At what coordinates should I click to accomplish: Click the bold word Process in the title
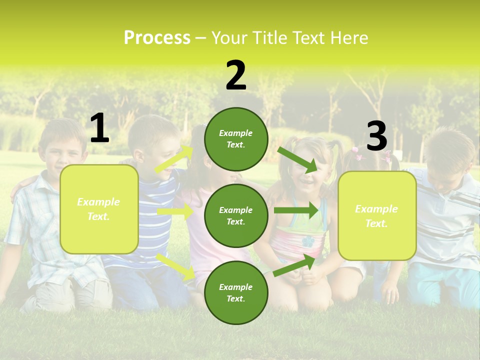point(157,38)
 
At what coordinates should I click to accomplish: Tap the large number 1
point(99,128)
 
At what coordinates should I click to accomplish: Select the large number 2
point(236,75)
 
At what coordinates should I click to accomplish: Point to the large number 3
point(376,136)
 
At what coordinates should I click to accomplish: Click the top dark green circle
point(236,139)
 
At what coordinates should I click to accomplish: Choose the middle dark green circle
point(236,215)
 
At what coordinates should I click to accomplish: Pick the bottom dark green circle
point(236,292)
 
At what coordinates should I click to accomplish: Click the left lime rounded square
point(99,209)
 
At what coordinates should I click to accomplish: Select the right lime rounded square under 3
point(377,215)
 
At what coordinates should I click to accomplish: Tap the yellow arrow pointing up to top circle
point(174,159)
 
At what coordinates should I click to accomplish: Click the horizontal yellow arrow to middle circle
point(175,211)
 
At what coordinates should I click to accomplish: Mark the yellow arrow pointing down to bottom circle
point(176,266)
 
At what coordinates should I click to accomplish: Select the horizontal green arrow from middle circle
point(296,210)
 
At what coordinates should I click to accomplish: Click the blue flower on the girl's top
point(308,241)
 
